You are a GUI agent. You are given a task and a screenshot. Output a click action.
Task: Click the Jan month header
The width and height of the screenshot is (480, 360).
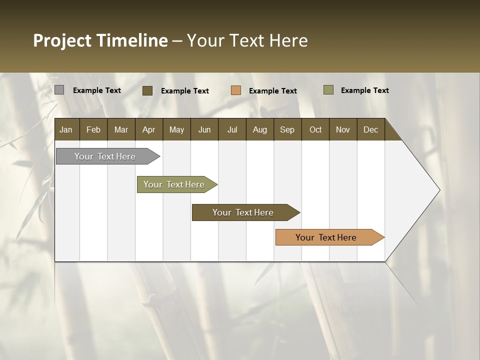coord(66,129)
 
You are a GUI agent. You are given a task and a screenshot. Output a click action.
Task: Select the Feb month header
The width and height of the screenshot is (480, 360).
coord(93,129)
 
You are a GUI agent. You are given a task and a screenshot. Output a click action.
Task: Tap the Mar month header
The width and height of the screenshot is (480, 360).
coord(121,129)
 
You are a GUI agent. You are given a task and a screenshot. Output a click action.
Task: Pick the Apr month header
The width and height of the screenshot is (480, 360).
coord(148,129)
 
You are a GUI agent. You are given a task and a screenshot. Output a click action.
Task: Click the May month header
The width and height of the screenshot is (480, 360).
coord(176,129)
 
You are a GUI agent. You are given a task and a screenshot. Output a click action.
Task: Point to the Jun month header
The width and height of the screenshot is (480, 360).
coord(204,129)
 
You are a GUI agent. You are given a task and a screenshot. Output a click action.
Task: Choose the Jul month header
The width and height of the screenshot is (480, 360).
coord(232,129)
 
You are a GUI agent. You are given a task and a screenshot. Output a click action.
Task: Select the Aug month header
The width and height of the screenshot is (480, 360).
coord(259,129)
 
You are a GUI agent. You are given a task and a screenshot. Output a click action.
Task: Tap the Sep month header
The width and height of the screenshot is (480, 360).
coord(287,129)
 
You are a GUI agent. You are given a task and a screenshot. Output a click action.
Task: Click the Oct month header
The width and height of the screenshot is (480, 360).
coord(315,129)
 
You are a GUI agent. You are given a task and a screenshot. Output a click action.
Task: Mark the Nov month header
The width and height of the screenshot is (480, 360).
coord(343,129)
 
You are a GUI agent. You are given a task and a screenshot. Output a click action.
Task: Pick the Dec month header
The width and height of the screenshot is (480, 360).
coord(370,129)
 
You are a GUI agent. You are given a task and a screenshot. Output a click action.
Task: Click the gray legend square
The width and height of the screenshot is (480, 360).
coord(59,90)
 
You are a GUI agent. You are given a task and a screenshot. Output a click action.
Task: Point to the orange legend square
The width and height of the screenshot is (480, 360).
coord(236,90)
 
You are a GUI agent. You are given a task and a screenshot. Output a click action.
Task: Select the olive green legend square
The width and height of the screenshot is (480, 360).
coord(328,90)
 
